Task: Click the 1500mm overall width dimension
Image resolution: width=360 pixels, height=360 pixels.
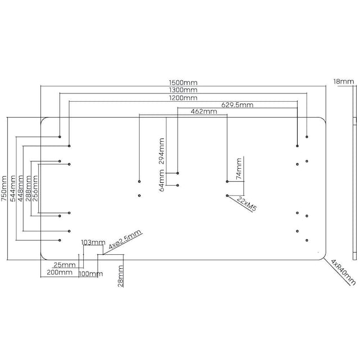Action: tap(183, 82)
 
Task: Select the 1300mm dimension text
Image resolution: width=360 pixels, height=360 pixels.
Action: tap(183, 89)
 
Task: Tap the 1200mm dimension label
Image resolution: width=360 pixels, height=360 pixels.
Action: tap(183, 97)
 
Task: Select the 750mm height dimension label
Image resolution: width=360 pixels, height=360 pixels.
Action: tap(4, 188)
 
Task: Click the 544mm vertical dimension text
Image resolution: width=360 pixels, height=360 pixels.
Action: tap(13, 188)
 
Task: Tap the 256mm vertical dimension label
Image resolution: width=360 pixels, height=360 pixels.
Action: tap(36, 188)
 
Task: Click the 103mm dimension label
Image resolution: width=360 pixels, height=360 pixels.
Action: tap(93, 242)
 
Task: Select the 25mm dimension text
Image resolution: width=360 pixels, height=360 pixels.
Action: tap(65, 265)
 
